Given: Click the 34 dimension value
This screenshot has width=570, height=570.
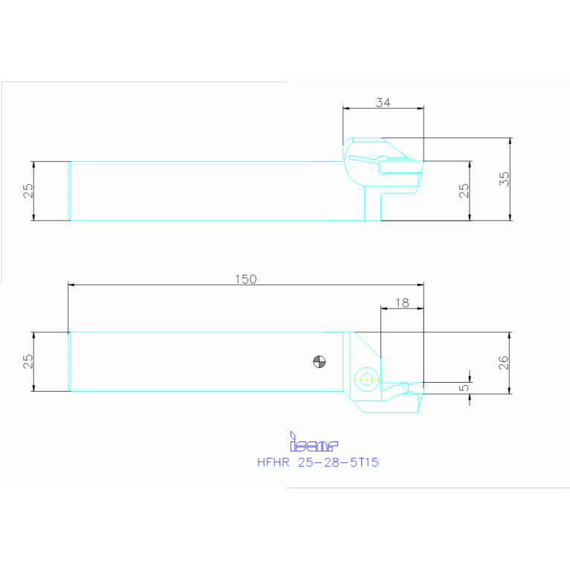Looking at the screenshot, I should [x=383, y=103].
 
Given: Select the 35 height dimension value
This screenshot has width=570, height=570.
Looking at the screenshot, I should [x=505, y=179].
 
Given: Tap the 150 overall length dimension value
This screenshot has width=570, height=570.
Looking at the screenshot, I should [x=245, y=279].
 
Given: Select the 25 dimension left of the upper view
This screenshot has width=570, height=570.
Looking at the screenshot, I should [x=27, y=190].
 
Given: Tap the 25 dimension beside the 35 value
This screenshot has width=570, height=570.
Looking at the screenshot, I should [x=464, y=190].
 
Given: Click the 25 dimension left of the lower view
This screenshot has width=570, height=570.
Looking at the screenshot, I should [x=27, y=361].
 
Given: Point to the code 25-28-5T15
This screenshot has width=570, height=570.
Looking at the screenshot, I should [x=338, y=462].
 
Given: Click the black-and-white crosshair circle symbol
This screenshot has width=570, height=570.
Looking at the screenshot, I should [x=319, y=362].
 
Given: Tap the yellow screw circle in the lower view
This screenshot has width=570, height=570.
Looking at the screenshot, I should [x=365, y=378].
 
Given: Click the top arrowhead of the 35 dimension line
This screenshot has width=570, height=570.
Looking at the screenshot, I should [x=511, y=140].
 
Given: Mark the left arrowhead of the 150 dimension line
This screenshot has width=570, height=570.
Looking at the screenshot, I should [x=71, y=285].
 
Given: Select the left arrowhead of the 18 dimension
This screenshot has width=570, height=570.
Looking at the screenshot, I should [x=383, y=308].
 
